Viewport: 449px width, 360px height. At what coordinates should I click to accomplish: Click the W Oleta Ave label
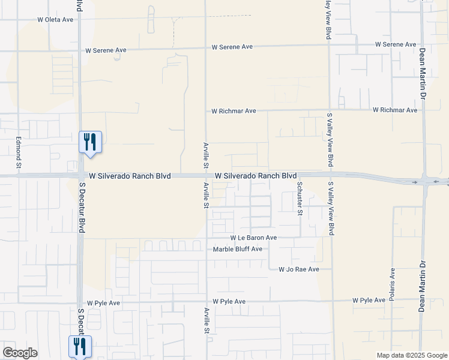pos(55,20)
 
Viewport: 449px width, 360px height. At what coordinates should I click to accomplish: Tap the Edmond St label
pos(19,152)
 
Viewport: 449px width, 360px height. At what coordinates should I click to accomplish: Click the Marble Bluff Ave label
pos(238,249)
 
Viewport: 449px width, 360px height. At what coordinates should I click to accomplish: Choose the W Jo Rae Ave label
pos(298,270)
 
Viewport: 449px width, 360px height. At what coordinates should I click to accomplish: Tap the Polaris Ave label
pos(392,284)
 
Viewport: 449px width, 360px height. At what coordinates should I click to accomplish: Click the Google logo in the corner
pos(19,353)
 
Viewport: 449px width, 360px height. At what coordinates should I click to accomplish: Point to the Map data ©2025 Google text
pos(411,355)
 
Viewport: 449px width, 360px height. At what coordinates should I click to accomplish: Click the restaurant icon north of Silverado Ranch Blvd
pos(90,142)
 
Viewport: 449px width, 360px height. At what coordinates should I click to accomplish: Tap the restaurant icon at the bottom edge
pos(79,347)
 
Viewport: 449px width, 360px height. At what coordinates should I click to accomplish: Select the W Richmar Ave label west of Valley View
pos(234,111)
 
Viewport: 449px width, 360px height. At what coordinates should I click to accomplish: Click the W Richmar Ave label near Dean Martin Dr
pos(394,110)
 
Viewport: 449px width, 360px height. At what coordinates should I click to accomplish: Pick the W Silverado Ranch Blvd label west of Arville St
pos(130,176)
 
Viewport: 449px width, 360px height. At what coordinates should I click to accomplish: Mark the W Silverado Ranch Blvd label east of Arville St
pos(256,176)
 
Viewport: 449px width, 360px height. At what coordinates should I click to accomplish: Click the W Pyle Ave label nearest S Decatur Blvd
pos(103,304)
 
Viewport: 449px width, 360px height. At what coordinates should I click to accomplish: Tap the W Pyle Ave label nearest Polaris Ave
pos(369,300)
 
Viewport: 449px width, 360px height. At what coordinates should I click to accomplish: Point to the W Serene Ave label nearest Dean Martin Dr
pos(396,44)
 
